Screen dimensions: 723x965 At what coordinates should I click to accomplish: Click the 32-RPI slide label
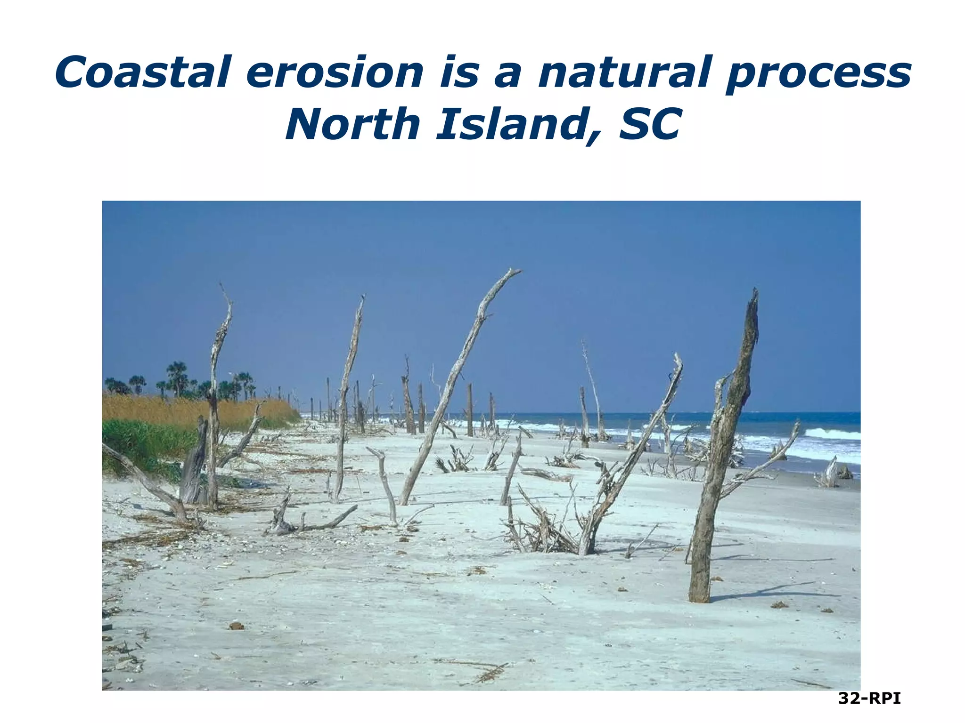(x=869, y=699)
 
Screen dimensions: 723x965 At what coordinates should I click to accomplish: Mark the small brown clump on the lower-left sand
(x=236, y=626)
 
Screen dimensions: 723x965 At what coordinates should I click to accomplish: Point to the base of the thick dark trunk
(x=699, y=595)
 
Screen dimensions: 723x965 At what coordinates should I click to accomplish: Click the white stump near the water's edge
(x=829, y=473)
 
